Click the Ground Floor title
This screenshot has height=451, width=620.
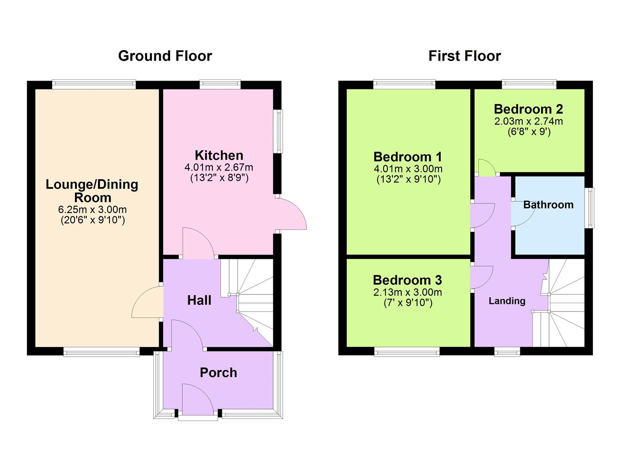coord(165,56)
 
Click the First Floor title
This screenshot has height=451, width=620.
coord(464,56)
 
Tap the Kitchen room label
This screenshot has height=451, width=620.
coord(219,155)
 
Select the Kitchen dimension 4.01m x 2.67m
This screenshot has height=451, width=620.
coord(219,167)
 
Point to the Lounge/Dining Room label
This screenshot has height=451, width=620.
coord(92,191)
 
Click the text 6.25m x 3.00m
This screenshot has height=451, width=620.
coord(92,210)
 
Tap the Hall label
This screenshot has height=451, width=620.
coord(199,300)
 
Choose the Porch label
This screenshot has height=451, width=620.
coord(218,372)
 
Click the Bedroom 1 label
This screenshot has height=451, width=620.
coord(407,157)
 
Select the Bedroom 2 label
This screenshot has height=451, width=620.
coord(528,109)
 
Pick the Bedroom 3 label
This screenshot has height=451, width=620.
coord(407,280)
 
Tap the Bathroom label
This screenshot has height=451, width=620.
coord(548,205)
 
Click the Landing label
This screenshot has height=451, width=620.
coord(507,301)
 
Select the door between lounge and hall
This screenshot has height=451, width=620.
coord(147,303)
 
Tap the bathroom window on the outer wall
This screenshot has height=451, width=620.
coord(589,208)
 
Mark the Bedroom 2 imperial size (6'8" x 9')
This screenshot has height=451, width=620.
coord(528,132)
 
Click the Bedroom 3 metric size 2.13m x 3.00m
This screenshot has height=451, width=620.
coord(407,292)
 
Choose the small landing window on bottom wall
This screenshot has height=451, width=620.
coord(507,352)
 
